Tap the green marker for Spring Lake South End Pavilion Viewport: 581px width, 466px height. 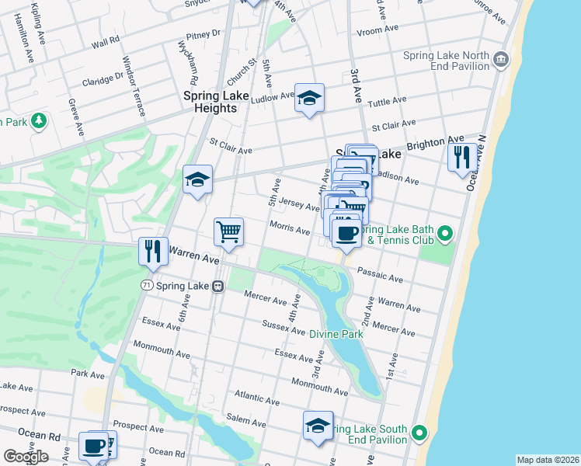coord(419,432)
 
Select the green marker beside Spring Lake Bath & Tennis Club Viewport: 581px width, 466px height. coord(445,232)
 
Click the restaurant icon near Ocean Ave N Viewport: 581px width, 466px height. coord(463,157)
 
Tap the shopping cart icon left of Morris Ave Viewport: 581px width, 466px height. coord(229,231)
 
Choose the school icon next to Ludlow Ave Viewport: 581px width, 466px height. coord(309,98)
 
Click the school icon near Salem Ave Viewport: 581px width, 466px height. coord(318,426)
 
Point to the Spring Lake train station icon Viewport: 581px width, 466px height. coord(218,286)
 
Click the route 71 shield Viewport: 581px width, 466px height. coord(146,286)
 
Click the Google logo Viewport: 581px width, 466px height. coord(26,456)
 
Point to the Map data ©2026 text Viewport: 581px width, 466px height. coord(547,460)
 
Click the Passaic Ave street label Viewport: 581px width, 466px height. coord(380,275)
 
